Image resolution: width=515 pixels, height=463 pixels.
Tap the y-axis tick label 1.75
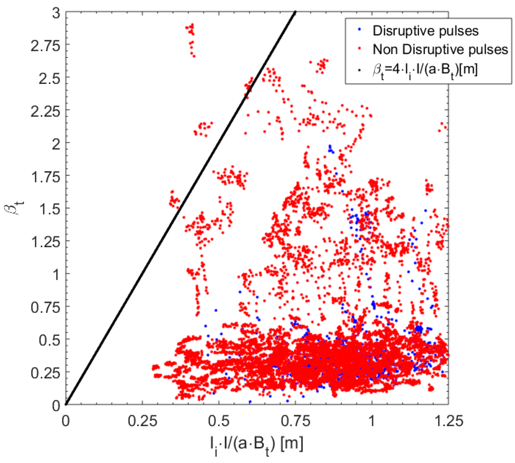pyautogui.click(x=45, y=177)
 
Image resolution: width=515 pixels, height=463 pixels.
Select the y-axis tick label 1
pyautogui.click(x=56, y=275)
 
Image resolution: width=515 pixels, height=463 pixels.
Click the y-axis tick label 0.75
pyautogui.click(x=45, y=308)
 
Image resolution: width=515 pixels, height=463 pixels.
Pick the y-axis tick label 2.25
pyautogui.click(x=45, y=112)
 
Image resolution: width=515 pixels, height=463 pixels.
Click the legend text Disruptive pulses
pyautogui.click(x=425, y=31)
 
